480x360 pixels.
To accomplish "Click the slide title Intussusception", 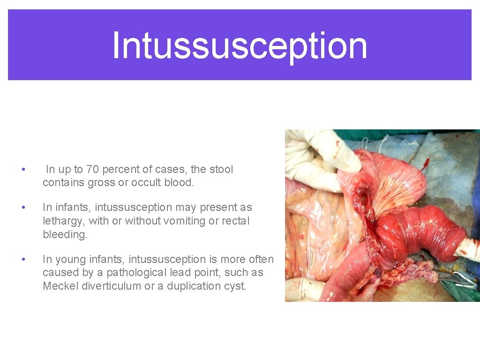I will [x=240, y=45].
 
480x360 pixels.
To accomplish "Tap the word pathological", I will [x=141, y=272].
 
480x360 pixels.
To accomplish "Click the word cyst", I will [x=236, y=286].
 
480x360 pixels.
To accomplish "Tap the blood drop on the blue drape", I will [x=426, y=164].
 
